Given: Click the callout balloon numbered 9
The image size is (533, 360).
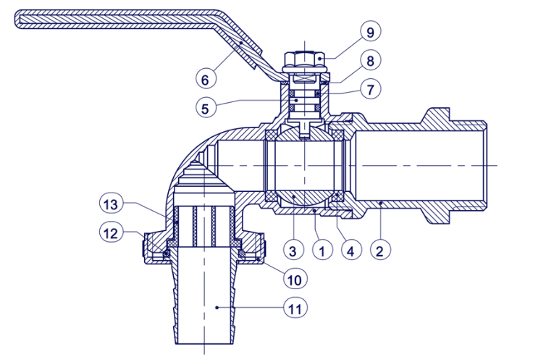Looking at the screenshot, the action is (x=370, y=32).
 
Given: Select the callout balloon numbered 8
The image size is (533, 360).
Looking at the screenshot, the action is (x=370, y=61).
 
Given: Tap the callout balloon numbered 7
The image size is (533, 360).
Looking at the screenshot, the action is (x=370, y=89).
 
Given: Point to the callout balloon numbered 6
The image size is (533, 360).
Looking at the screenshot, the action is (x=206, y=79).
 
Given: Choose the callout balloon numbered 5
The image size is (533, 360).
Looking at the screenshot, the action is (x=206, y=108).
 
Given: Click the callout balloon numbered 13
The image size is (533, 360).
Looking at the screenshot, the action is (x=111, y=204).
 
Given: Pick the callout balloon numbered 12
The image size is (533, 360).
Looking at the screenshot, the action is (x=111, y=233).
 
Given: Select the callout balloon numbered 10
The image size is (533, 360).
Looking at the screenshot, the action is (x=295, y=280).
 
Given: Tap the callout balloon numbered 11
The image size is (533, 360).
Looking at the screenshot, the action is (x=295, y=309).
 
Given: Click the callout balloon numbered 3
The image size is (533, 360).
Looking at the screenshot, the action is (x=293, y=251).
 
